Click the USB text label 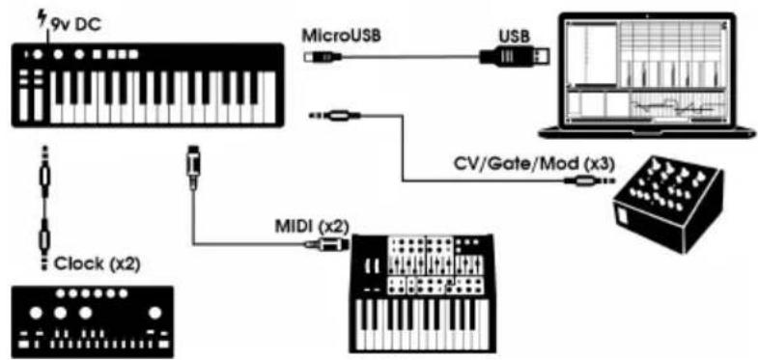[512, 36]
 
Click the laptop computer [657, 72]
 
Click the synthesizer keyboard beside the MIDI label [425, 290]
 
